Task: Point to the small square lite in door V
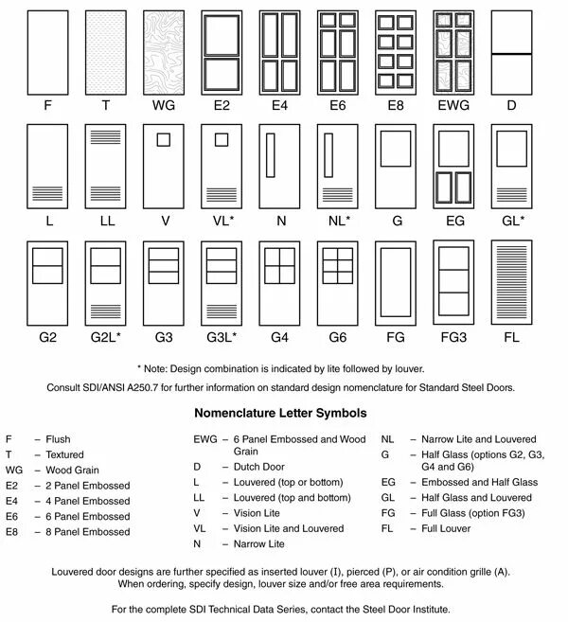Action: coord(164,140)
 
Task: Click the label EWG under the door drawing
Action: coord(454,107)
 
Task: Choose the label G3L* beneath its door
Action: coord(222,337)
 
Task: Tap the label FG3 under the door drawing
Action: coord(454,337)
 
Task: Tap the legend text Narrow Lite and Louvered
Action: coord(470,439)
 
